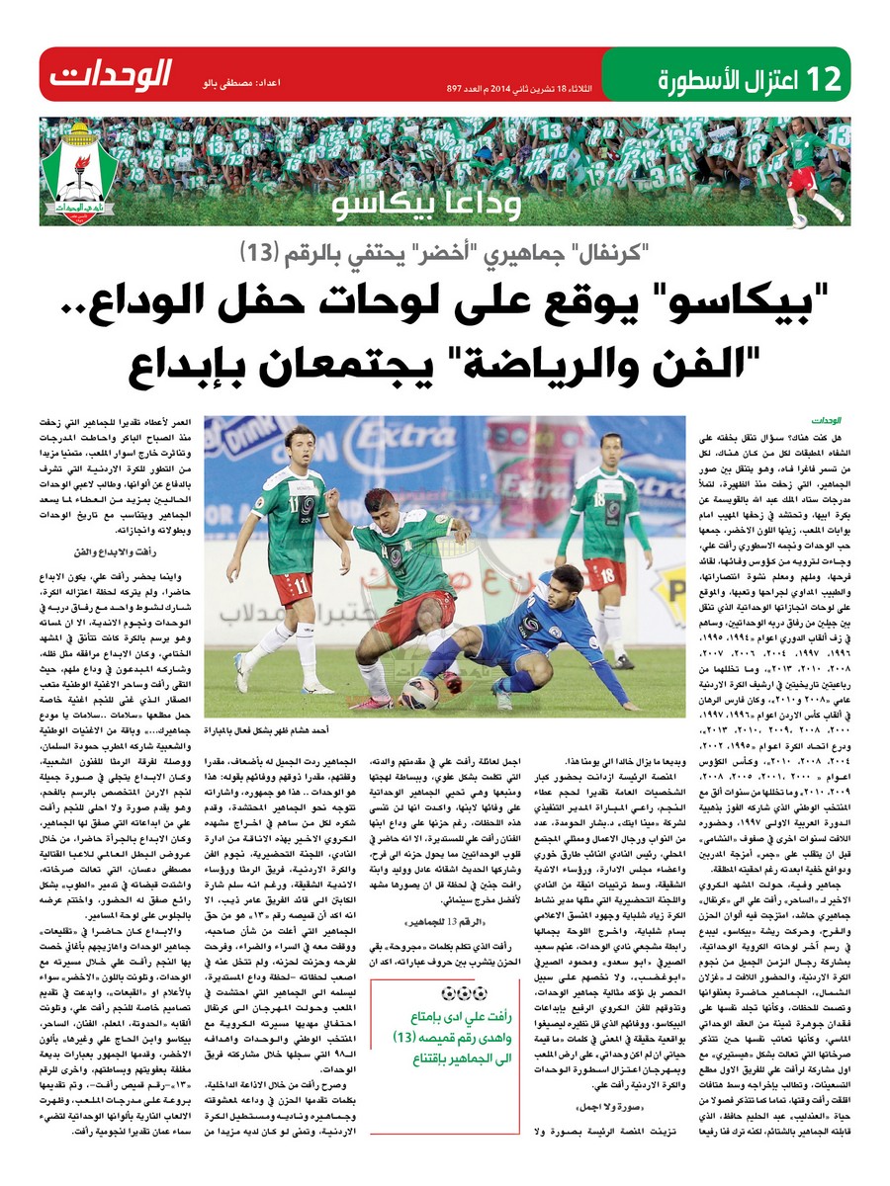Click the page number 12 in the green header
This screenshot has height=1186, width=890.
(x=826, y=75)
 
